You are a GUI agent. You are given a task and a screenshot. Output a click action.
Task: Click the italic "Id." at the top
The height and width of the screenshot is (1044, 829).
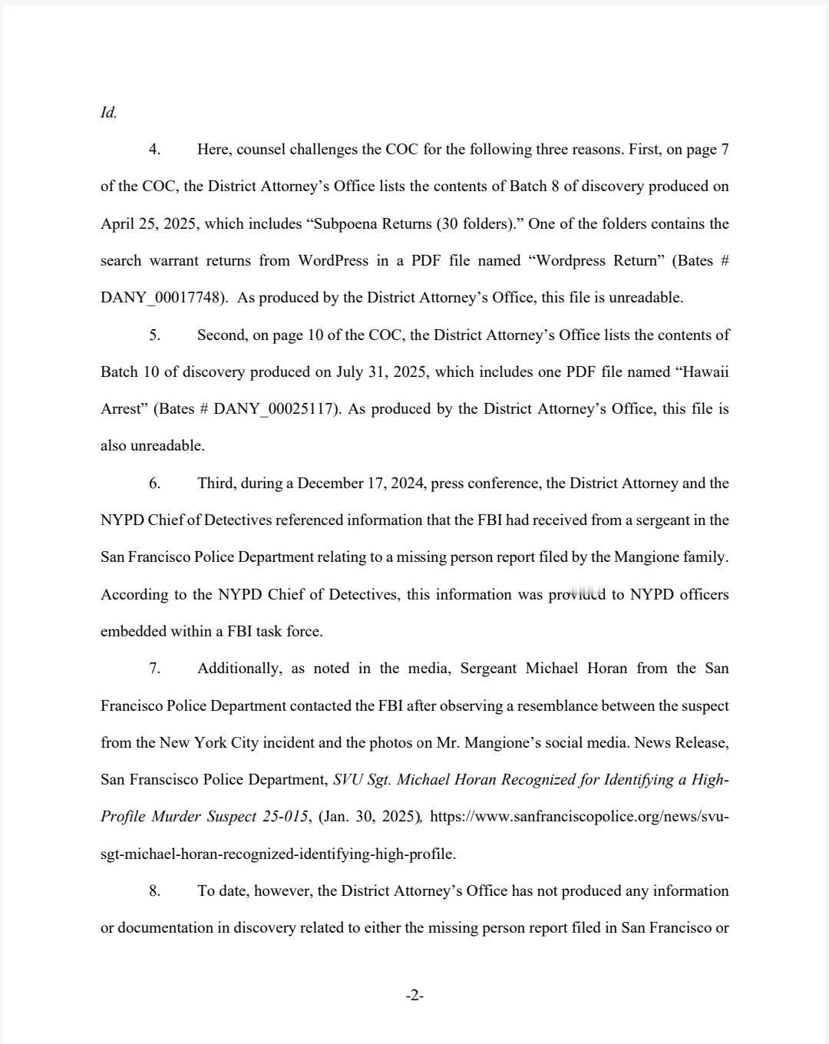pos(108,112)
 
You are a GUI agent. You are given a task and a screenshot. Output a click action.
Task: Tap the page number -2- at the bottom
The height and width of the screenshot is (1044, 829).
pos(414,996)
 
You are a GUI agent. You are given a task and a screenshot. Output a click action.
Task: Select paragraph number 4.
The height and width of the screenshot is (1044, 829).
pos(154,149)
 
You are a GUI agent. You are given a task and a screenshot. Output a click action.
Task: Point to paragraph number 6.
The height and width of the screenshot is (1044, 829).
pos(154,483)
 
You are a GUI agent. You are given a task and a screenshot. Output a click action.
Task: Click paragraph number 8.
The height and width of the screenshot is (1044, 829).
pos(154,890)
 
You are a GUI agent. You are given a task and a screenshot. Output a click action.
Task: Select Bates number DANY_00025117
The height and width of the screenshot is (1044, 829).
pos(275,409)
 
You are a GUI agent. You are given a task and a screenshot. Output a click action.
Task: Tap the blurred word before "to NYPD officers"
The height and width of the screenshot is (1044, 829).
pos(576,594)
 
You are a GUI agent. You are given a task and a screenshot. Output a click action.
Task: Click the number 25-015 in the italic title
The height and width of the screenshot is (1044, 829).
pos(285,817)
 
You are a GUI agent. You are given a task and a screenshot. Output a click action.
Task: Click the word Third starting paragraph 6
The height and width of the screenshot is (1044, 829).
pos(216,483)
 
